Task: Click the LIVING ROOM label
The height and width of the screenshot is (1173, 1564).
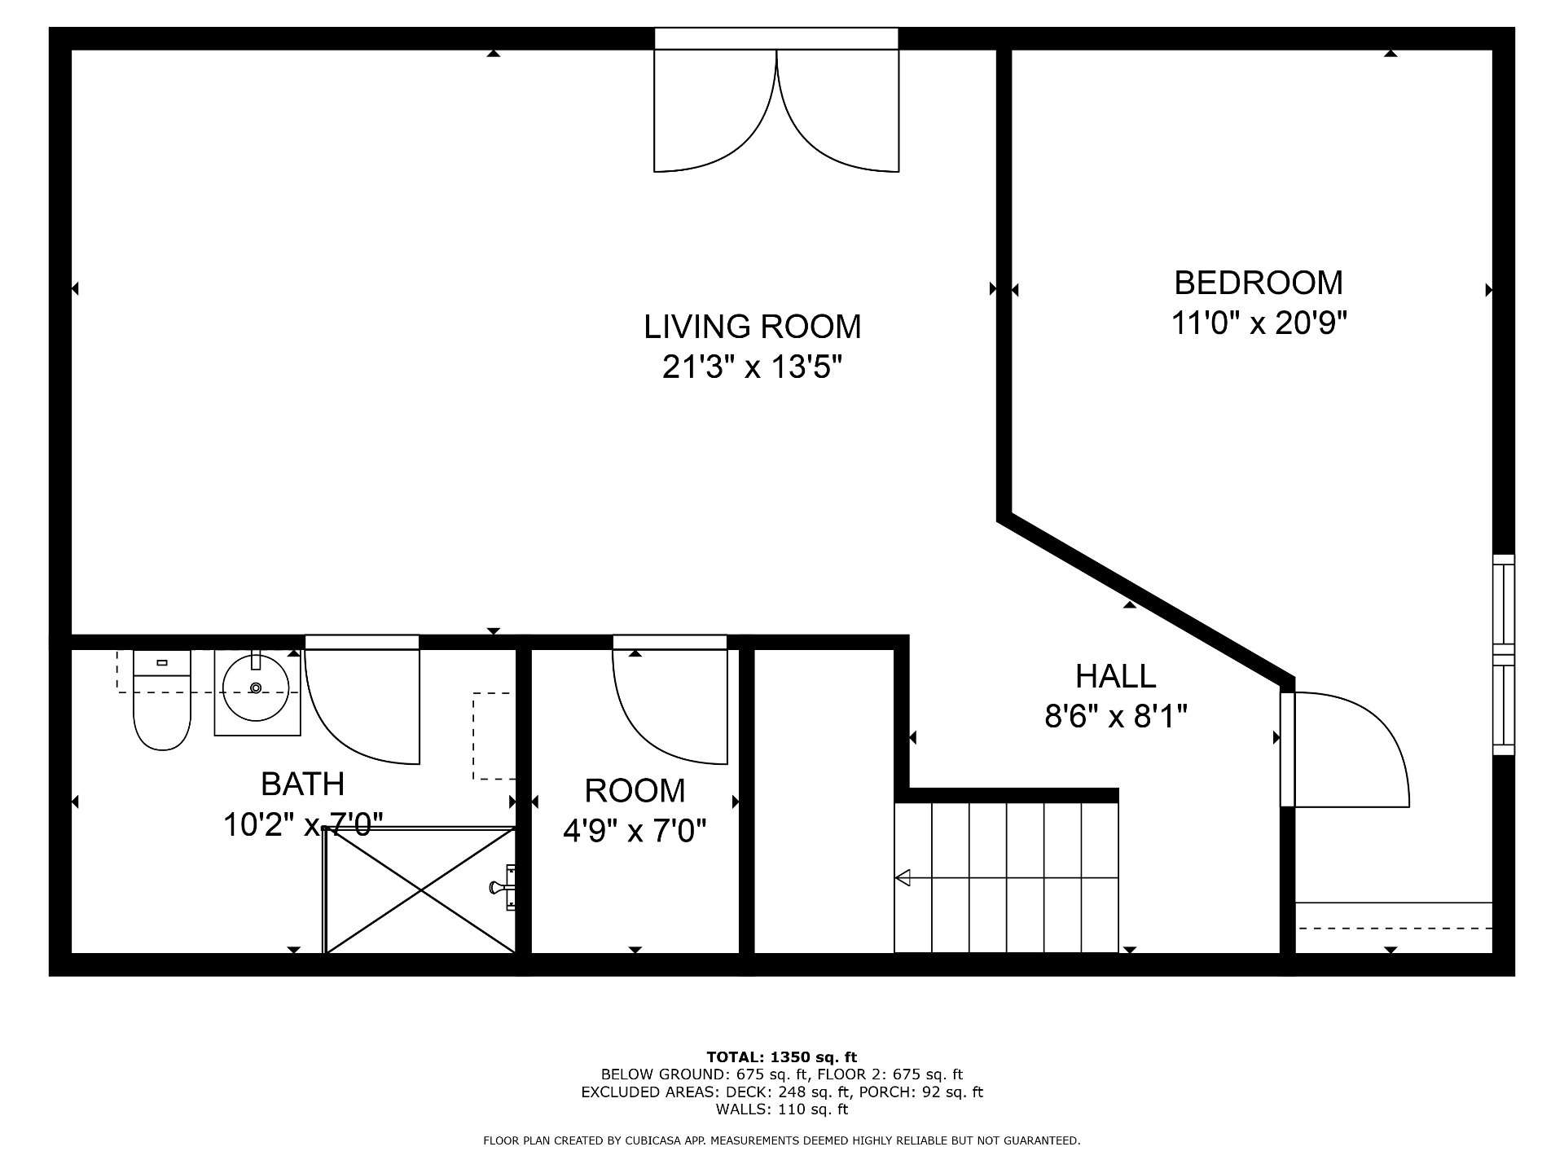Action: [752, 327]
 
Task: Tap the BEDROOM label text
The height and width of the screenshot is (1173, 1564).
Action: [1259, 283]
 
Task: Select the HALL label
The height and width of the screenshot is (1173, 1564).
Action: [1115, 676]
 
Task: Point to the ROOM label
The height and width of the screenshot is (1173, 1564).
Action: [635, 790]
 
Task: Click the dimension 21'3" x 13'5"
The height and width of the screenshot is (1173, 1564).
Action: [751, 367]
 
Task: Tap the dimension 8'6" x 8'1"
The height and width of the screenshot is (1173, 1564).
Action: [1116, 717]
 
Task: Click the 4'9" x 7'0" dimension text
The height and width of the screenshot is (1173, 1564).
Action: [635, 831]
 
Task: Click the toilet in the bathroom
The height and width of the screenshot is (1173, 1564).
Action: [161, 699]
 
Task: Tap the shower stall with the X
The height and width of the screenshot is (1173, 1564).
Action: [420, 890]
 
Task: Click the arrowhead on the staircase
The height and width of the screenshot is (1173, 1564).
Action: [903, 878]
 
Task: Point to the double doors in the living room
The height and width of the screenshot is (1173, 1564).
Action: [776, 110]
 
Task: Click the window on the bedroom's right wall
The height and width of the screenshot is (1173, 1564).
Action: [1504, 655]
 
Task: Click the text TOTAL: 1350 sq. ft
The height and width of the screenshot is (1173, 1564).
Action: [782, 1058]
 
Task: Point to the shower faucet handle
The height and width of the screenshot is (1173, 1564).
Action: [499, 887]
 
